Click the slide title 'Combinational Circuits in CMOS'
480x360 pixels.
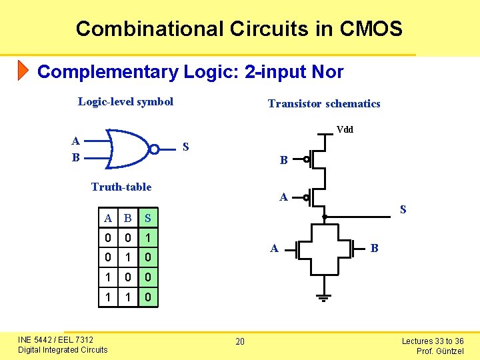239,29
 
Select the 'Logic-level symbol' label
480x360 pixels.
125,101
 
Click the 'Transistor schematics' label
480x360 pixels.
324,103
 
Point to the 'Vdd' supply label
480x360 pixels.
345,129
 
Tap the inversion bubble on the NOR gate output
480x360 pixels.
154,149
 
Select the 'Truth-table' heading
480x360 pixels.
121,187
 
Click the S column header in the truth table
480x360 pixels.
148,218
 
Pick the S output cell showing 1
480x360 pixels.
148,237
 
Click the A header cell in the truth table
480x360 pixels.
108,218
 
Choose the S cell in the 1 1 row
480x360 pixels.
148,296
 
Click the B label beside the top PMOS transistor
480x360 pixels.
283,161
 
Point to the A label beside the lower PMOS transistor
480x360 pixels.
283,197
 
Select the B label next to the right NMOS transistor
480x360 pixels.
375,249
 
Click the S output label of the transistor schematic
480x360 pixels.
403,210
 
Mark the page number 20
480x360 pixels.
240,342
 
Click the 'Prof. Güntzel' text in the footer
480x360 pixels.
440,351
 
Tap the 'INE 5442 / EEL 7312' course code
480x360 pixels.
56,340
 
